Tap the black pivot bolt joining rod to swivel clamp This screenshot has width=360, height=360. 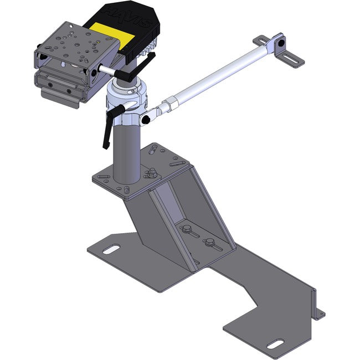coord(147,118)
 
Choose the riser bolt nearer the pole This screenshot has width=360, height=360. coord(186,229)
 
